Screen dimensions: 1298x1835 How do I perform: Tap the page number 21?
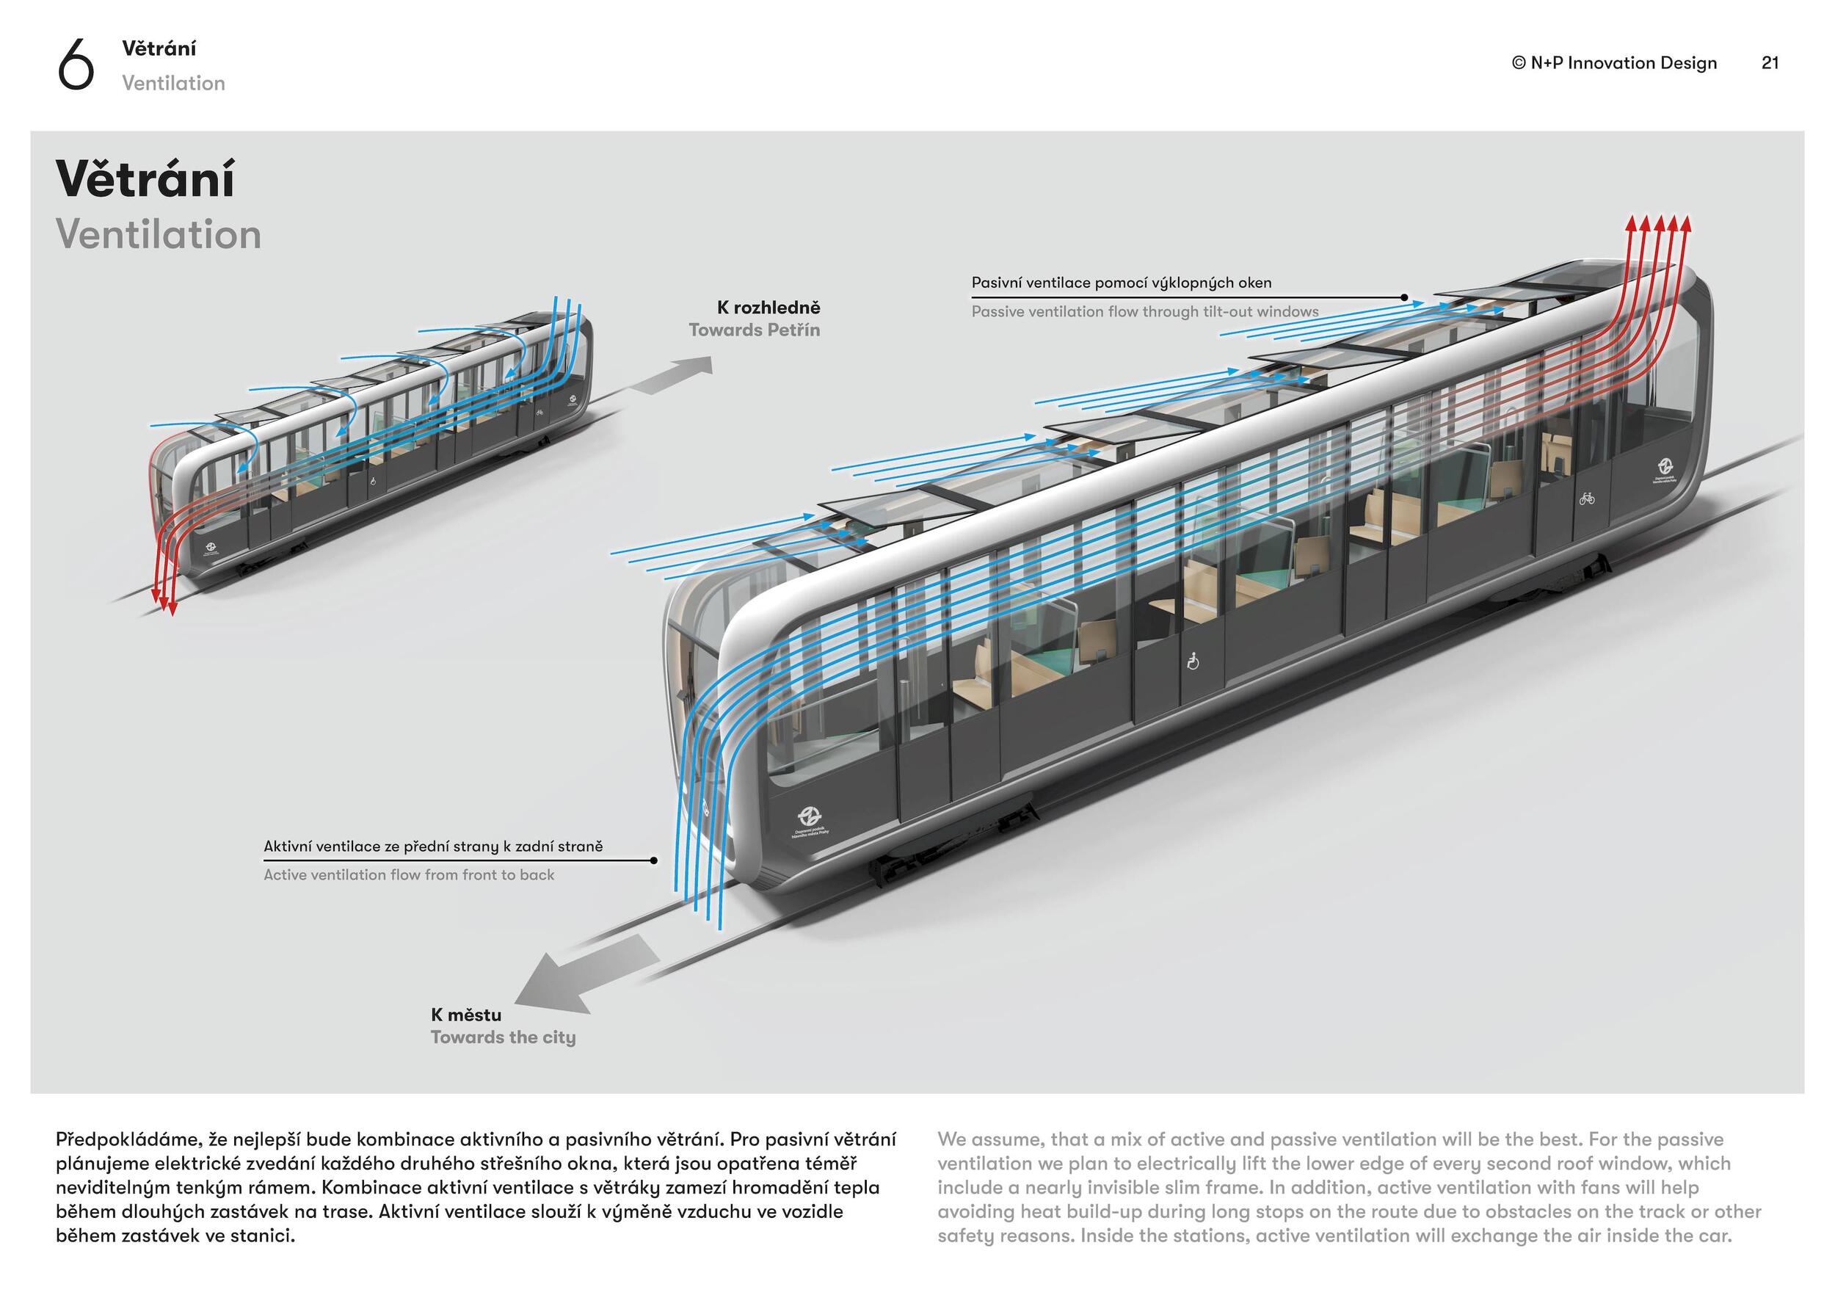click(1770, 63)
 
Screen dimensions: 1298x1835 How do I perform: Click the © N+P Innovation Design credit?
click(1613, 63)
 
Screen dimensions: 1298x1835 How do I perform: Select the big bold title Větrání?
click(145, 179)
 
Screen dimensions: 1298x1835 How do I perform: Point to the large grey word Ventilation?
click(159, 235)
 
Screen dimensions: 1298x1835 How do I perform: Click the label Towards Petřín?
click(754, 330)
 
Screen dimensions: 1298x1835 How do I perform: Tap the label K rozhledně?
click(768, 308)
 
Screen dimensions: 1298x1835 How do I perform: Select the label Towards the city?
click(503, 1037)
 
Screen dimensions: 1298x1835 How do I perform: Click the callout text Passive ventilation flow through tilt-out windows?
click(1144, 312)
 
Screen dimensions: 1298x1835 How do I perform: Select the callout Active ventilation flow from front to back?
click(408, 875)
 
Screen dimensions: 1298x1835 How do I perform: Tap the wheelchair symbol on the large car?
click(1193, 661)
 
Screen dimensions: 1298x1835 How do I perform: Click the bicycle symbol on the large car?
click(1586, 498)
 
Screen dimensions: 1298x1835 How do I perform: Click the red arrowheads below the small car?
click(164, 604)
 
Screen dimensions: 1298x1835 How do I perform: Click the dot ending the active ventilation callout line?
click(654, 860)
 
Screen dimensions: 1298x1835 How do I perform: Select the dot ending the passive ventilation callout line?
click(1404, 297)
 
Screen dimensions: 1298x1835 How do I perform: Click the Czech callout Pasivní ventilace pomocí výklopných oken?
click(1122, 283)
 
